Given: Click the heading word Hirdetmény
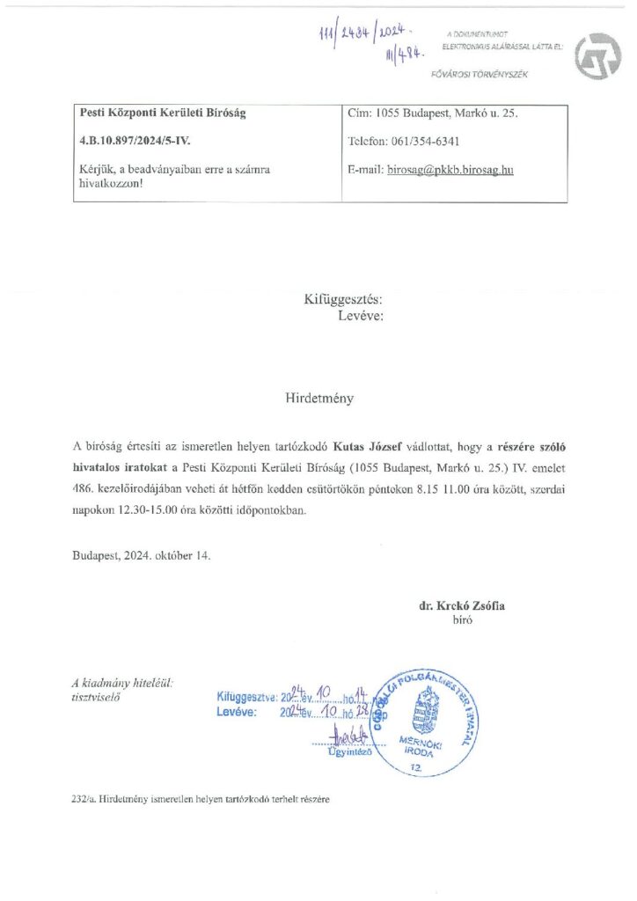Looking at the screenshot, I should click(x=318, y=398).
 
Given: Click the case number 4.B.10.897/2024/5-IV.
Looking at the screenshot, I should click(x=132, y=140).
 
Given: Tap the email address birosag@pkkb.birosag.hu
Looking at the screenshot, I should click(x=450, y=169).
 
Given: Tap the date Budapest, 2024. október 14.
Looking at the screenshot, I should click(x=142, y=556).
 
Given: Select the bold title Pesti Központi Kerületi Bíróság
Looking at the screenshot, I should click(x=162, y=114).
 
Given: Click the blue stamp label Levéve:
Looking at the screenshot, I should click(x=236, y=712).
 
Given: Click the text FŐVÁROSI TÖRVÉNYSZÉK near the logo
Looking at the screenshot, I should click(x=479, y=74).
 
